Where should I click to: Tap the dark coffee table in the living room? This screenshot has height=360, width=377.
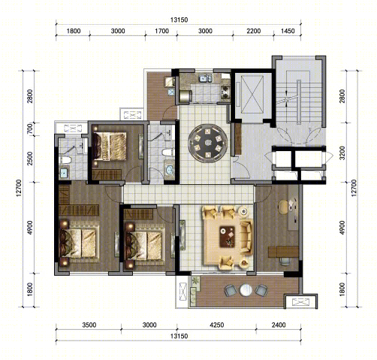pos(228,237)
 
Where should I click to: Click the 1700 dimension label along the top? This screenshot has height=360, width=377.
pos(161,31)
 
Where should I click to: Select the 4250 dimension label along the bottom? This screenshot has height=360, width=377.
pos(217,325)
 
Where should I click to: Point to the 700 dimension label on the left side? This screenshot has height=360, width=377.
pos(30,129)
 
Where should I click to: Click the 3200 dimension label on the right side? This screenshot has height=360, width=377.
pos(342,153)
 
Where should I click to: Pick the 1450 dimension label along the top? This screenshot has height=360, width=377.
pos(288,31)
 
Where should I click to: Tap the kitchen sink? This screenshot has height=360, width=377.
pos(206,78)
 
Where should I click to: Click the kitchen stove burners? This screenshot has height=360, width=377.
pos(225,92)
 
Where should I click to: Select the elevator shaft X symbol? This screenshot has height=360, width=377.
pos(252,95)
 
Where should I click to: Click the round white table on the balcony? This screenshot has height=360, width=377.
pos(246,290)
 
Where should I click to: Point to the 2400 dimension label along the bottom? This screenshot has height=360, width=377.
pos(279,325)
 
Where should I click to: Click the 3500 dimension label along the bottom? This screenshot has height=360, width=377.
pos(89,325)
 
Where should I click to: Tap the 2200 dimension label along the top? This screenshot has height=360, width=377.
pos(254,31)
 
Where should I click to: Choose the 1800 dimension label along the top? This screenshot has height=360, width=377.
pos(74,31)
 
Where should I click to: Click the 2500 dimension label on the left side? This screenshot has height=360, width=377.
pos(30,159)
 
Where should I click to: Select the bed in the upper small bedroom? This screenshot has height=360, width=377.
pos(109,147)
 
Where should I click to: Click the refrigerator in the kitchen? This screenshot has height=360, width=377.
pos(185,96)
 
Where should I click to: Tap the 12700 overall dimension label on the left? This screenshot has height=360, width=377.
pos(19,188)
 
